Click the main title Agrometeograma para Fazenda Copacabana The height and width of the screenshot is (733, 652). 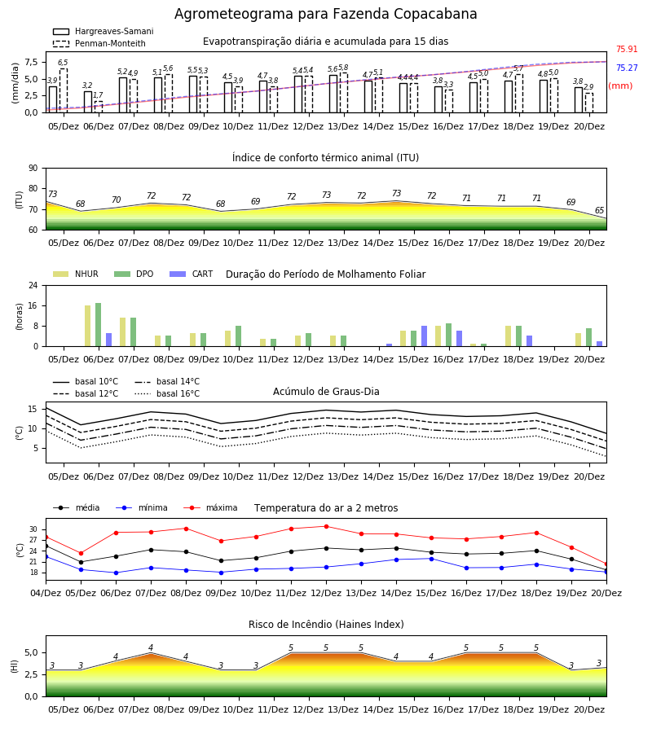[325, 14]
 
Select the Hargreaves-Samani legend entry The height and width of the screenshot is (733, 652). [103, 31]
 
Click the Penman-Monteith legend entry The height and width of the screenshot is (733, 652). [99, 43]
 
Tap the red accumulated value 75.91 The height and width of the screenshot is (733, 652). [627, 49]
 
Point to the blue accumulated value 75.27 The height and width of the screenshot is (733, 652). [627, 68]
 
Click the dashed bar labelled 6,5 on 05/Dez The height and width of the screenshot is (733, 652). [63, 90]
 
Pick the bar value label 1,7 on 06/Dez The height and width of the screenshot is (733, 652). [98, 95]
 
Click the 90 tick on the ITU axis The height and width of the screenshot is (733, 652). [33, 169]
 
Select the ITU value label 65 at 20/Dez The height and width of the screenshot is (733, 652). [599, 210]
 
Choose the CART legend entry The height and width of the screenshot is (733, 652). [191, 274]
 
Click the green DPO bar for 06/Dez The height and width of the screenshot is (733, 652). [99, 325]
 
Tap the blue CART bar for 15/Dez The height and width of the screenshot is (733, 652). [425, 336]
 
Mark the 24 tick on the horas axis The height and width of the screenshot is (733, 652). [33, 285]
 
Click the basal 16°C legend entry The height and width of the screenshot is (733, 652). [167, 393]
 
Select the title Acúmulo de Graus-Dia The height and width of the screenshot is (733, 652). [326, 392]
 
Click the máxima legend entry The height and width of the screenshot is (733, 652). [210, 507]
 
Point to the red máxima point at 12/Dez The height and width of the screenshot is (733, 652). [326, 526]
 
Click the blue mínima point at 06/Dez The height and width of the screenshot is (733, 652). [116, 573]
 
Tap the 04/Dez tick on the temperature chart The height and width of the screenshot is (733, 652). [46, 593]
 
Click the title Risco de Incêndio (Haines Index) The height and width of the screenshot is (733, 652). [326, 625]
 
